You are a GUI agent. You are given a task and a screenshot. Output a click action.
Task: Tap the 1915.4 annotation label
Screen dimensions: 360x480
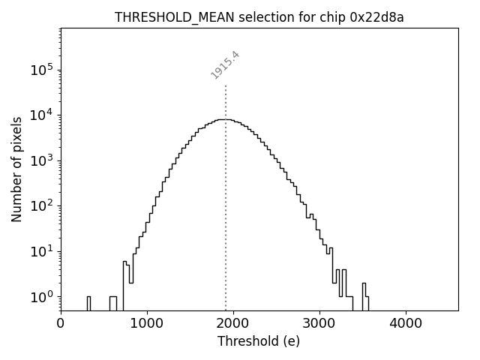click(x=225, y=65)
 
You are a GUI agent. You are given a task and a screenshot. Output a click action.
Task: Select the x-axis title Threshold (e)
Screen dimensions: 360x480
click(x=259, y=341)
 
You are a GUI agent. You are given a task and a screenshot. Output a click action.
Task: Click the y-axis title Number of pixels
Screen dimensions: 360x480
click(x=16, y=169)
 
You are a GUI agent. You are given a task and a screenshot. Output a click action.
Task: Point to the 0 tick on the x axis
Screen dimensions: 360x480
click(x=61, y=324)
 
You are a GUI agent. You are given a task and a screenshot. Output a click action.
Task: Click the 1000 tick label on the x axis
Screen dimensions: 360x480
click(x=147, y=324)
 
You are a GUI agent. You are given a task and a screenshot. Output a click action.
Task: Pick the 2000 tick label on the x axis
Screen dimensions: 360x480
click(x=233, y=324)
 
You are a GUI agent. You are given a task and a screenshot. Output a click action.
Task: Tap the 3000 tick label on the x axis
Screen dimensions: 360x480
click(x=319, y=324)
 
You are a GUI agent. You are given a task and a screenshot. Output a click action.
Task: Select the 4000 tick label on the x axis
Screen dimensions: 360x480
click(x=406, y=324)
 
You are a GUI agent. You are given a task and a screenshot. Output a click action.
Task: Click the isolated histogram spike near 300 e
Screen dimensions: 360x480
click(x=88, y=302)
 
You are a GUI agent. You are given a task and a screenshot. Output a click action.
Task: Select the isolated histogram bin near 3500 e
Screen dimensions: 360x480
click(x=364, y=295)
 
